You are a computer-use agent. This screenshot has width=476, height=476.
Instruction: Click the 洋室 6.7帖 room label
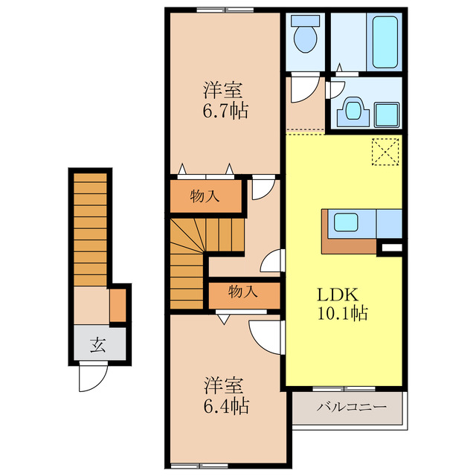pyautogui.click(x=223, y=101)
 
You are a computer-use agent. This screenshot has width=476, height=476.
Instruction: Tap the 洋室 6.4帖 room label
pyautogui.click(x=223, y=396)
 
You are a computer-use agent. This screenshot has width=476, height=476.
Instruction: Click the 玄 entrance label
pyautogui.click(x=97, y=344)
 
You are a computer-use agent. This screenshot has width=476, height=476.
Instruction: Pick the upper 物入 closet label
pyautogui.click(x=205, y=197)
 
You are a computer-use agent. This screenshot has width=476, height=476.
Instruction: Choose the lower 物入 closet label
pyautogui.click(x=243, y=292)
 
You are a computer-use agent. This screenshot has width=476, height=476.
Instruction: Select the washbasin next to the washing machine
pyautogui.click(x=351, y=112)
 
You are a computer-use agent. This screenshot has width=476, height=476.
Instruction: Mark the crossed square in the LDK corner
pyautogui.click(x=387, y=153)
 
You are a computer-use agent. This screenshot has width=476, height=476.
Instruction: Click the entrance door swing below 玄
pyautogui.click(x=88, y=379)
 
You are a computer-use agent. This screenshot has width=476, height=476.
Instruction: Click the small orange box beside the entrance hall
pyautogui.click(x=118, y=305)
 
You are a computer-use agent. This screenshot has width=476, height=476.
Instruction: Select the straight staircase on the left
pyautogui.click(x=89, y=231)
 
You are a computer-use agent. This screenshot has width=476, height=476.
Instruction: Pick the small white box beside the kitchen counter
pyautogui.click(x=391, y=245)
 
